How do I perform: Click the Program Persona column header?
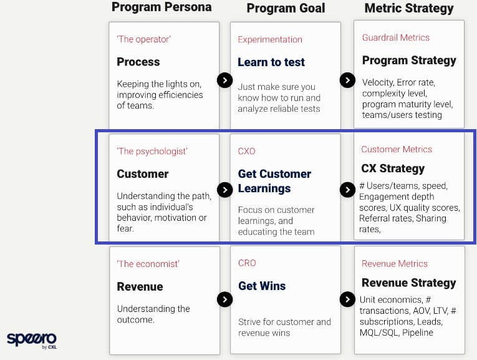tap(161, 7)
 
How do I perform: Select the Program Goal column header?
tap(286, 8)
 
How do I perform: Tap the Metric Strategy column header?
tap(409, 8)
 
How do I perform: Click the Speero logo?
tap(32, 340)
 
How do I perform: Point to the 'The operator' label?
tap(143, 39)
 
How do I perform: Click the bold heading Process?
tap(138, 62)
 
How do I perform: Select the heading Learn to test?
tap(271, 62)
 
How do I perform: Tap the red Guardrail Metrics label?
tap(396, 37)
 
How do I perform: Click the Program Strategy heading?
tap(409, 61)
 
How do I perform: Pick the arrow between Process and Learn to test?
tap(225, 80)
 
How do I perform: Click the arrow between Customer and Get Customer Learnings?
tap(225, 190)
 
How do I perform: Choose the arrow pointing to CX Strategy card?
tap(347, 190)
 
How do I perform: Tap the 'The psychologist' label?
tap(152, 151)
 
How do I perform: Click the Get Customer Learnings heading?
tap(274, 181)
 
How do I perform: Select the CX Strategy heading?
tap(393, 168)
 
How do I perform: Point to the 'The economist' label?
tap(148, 264)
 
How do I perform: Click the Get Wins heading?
tap(262, 286)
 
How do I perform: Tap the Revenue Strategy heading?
tap(409, 283)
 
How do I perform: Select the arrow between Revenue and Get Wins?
tap(225, 299)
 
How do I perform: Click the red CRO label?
tap(247, 263)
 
